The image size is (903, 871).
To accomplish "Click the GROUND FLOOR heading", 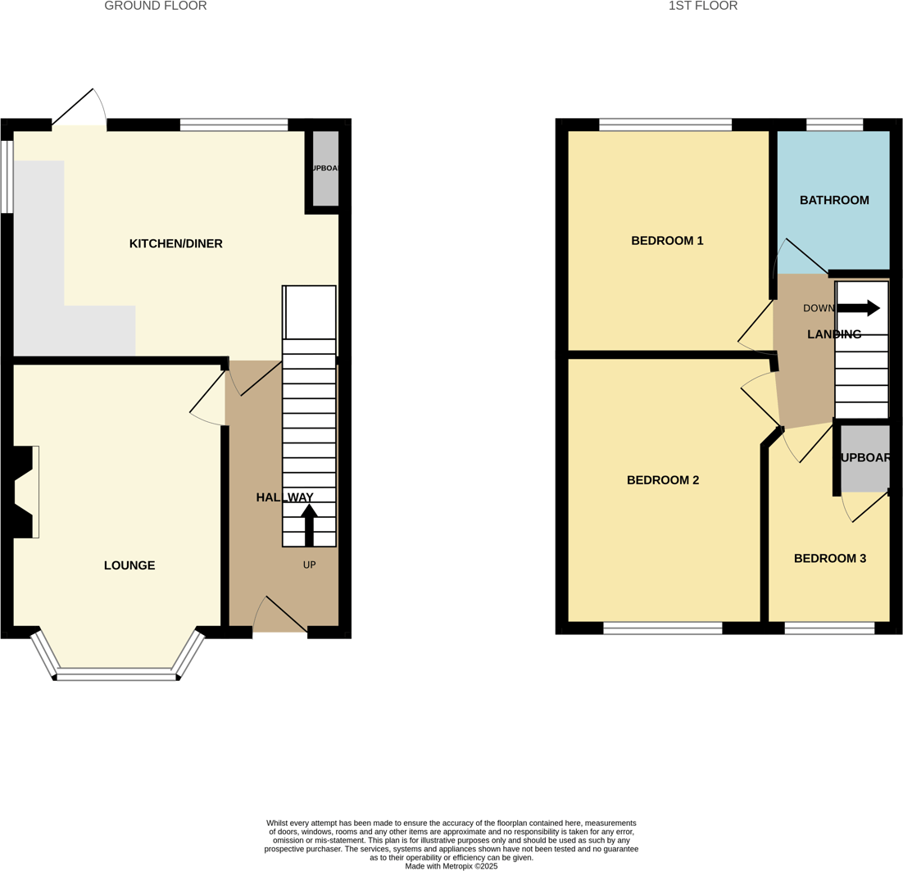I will tap(155, 6).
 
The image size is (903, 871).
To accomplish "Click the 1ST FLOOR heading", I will tap(702, 6).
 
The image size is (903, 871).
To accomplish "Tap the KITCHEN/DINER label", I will tap(176, 243).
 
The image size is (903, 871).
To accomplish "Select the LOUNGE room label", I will tap(129, 565).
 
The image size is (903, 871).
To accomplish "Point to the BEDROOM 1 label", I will tap(667, 241).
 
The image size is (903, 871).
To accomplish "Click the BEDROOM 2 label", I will tap(663, 480).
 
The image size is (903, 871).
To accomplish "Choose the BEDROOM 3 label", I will tap(829, 559).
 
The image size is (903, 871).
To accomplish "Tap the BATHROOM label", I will tap(834, 200).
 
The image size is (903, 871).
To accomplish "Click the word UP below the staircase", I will tap(309, 565).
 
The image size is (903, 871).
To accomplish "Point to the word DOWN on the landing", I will tap(819, 309).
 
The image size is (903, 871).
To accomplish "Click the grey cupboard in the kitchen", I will tap(325, 168).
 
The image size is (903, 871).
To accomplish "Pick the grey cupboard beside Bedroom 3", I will tap(864, 458).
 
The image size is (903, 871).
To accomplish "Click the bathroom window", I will tap(834, 125).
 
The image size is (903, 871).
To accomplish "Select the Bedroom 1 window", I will tap(665, 125).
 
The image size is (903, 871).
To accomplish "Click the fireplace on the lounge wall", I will tap(25, 492).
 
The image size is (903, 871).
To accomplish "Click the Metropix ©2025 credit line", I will tap(451, 866).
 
